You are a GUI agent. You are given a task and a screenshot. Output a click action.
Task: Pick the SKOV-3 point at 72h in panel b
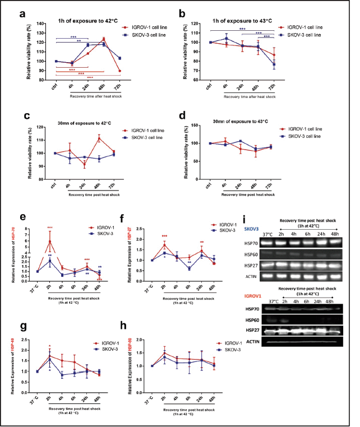[x=275, y=65]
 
